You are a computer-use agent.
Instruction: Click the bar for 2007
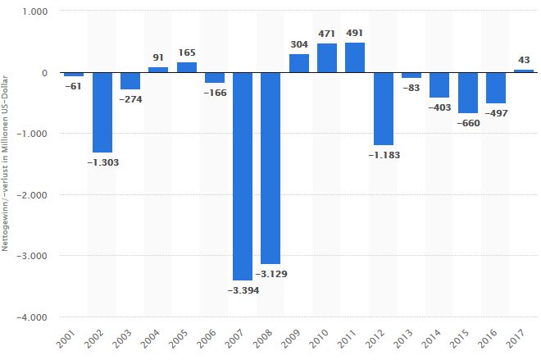tap(243, 176)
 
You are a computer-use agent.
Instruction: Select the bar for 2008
tap(270, 168)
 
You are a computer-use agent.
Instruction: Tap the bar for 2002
tap(102, 112)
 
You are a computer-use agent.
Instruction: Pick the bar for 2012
tap(384, 108)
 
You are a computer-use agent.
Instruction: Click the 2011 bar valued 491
tap(355, 57)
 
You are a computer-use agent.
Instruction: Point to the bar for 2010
tap(327, 58)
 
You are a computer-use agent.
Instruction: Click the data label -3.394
tap(243, 290)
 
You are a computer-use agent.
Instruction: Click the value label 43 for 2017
tap(524, 60)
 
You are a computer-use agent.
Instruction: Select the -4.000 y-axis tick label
tap(33, 317)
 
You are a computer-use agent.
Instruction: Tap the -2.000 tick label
tap(33, 195)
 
